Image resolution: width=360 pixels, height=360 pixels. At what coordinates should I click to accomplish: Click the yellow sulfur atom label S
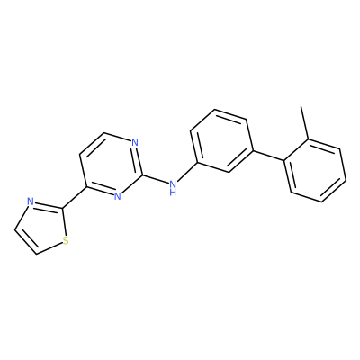[66, 240]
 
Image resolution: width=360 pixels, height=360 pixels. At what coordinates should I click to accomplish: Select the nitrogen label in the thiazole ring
[30, 202]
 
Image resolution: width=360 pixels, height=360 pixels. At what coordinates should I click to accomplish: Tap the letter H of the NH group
[173, 193]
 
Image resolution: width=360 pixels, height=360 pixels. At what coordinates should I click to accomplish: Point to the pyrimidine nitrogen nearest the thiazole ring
[118, 196]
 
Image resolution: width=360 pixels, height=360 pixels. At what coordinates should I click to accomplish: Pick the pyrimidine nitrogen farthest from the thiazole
[135, 142]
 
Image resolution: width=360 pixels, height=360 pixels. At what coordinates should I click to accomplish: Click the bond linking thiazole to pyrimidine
[75, 198]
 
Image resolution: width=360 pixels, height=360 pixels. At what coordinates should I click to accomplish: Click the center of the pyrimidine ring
[111, 165]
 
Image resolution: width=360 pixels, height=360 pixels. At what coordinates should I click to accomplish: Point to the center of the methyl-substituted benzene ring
[315, 170]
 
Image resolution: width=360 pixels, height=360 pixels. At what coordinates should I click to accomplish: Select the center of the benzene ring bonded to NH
[222, 140]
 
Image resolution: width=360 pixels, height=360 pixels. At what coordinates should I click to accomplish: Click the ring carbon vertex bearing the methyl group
[308, 139]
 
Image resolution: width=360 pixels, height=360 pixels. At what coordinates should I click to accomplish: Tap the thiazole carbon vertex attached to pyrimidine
[62, 208]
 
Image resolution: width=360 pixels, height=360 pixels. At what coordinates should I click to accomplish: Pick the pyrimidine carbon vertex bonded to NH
[142, 175]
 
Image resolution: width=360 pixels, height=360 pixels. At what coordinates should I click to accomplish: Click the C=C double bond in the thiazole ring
[25, 242]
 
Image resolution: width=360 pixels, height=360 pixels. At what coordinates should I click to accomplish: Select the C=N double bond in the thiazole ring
[48, 205]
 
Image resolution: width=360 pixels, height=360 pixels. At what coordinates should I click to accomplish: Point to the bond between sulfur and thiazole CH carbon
[49, 249]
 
